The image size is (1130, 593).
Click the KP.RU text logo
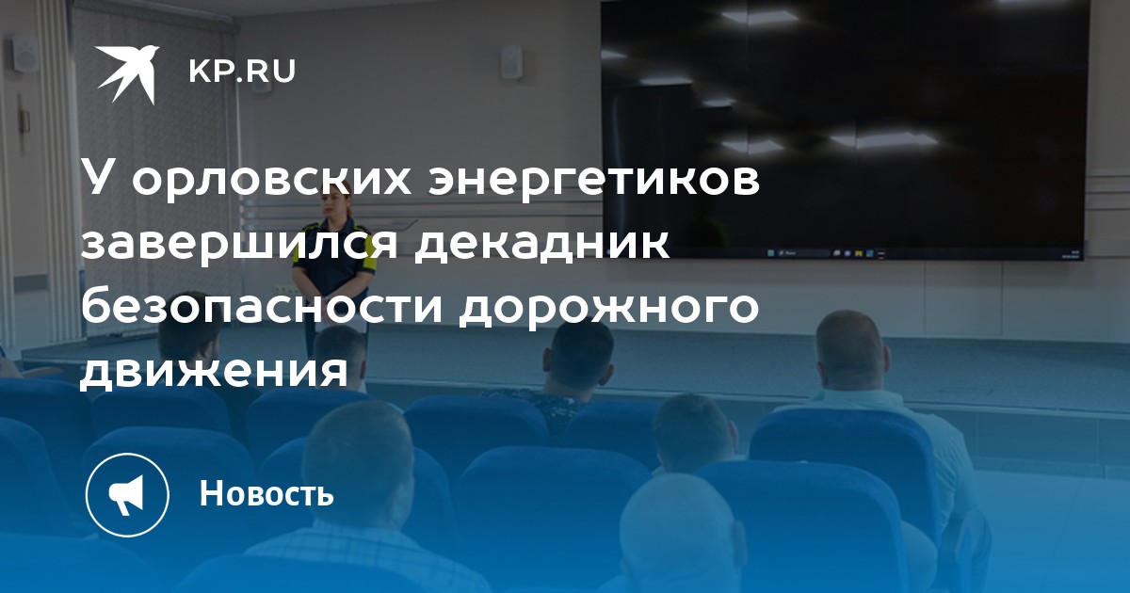242,72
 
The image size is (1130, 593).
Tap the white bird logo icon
127,74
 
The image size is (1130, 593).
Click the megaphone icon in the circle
127,495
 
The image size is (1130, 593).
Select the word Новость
266,492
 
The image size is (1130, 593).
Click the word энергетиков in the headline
594,183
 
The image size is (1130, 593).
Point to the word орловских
271,183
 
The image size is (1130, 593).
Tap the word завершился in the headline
239,245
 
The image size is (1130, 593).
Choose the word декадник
542,245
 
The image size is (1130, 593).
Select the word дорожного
609,309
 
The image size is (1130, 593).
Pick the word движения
214,372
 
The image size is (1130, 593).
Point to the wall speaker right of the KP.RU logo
511,63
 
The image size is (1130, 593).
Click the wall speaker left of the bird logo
24,53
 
